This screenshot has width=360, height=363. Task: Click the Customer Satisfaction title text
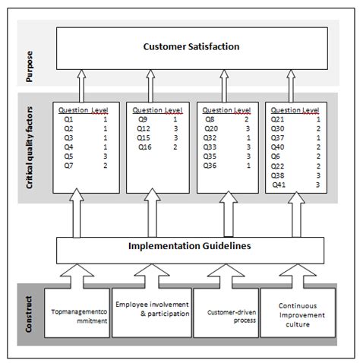click(x=191, y=47)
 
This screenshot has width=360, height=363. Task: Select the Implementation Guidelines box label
click(x=191, y=246)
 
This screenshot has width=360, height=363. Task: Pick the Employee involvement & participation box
click(x=150, y=312)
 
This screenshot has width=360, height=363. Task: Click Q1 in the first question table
click(x=68, y=119)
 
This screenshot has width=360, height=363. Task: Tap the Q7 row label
click(x=68, y=165)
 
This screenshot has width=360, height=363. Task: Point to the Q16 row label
click(x=144, y=147)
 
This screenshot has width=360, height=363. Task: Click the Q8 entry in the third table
click(x=210, y=119)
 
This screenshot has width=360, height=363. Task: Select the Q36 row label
click(x=211, y=165)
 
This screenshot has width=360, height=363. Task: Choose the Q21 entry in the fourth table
click(x=278, y=119)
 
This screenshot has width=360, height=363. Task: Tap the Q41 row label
click(x=278, y=183)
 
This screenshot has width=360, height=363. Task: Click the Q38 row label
click(x=278, y=174)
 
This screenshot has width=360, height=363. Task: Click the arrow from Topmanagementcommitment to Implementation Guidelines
click(x=78, y=273)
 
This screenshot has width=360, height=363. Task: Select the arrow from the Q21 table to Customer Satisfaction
click(x=292, y=85)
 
